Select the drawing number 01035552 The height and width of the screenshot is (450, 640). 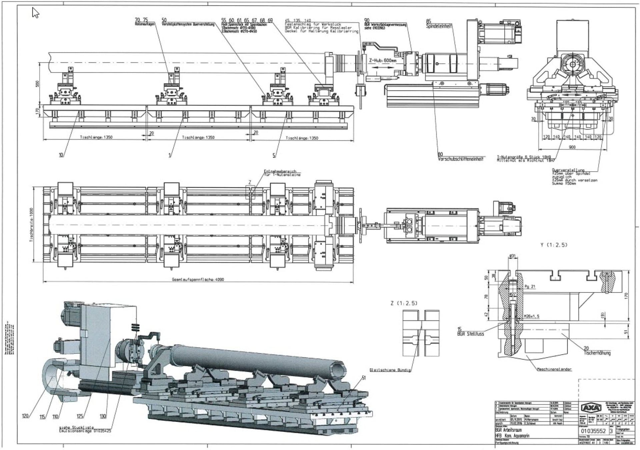[x=595, y=431]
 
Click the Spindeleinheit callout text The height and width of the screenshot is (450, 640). [x=438, y=26]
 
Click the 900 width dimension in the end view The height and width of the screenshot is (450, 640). [x=572, y=147]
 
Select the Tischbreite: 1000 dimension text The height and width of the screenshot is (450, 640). [x=32, y=225]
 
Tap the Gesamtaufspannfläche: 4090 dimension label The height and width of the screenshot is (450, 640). [x=198, y=279]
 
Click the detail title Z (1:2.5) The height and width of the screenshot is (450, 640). [x=403, y=303]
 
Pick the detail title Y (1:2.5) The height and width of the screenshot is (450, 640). [x=553, y=245]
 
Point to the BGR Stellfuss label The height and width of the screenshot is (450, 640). [x=470, y=333]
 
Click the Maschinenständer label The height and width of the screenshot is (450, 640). [x=554, y=369]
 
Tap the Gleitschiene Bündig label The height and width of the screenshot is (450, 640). [x=390, y=370]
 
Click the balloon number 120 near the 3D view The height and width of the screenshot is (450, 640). [x=25, y=416]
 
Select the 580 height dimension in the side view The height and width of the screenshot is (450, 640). [x=37, y=83]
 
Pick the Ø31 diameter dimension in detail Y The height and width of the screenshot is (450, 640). [x=512, y=256]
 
